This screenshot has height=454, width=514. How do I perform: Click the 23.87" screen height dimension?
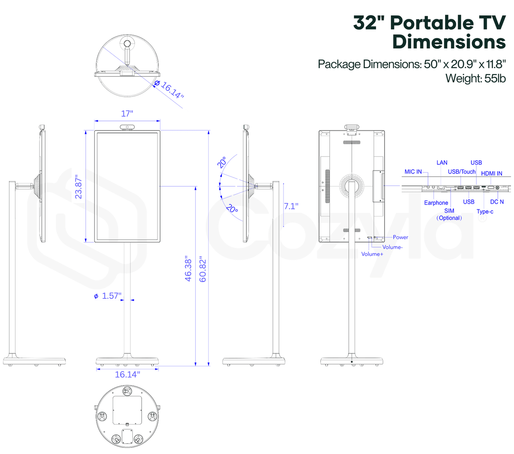pyautogui.click(x=78, y=186)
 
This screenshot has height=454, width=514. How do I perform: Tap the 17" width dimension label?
pyautogui.click(x=127, y=114)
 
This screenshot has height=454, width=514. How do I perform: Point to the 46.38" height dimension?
pyautogui.click(x=188, y=269)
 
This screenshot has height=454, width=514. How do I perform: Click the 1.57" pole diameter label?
pyautogui.click(x=108, y=296)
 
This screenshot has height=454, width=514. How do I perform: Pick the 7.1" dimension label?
pyautogui.click(x=291, y=206)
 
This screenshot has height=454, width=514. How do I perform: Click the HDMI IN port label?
pyautogui.click(x=491, y=174)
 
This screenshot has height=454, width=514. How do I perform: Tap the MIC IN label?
pyautogui.click(x=413, y=171)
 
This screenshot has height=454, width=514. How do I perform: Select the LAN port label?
pyautogui.click(x=442, y=162)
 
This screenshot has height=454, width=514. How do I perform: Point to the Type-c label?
pyautogui.click(x=484, y=211)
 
